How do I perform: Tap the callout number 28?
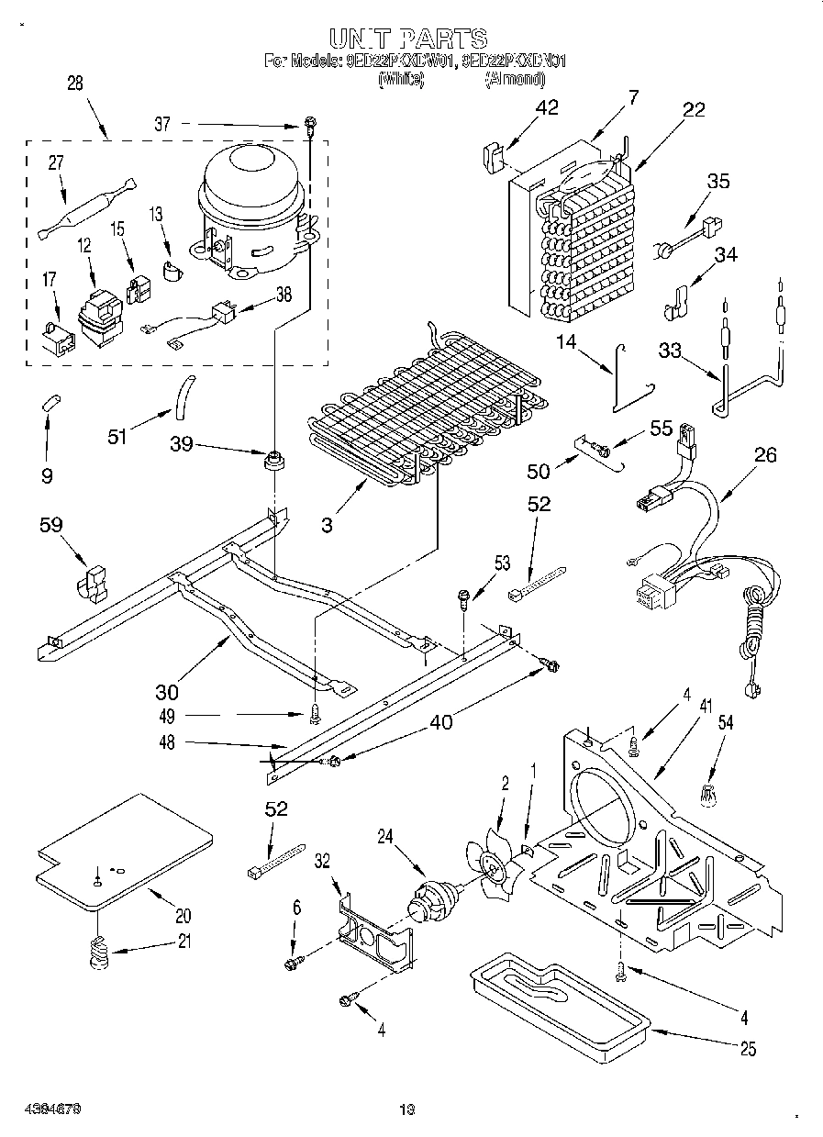[75, 83]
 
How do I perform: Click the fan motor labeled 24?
[430, 901]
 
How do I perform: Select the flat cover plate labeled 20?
[123, 850]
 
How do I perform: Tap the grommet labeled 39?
[272, 460]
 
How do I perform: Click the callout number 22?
[694, 110]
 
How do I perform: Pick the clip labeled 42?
[493, 155]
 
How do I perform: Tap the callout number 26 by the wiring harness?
[764, 452]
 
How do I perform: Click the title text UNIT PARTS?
[407, 38]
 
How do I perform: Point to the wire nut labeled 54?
[708, 797]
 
